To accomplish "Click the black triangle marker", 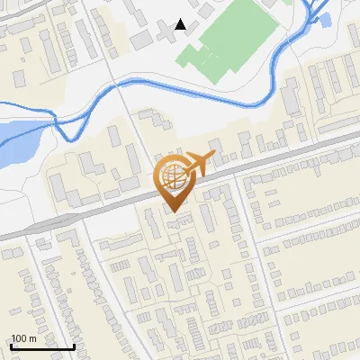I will click(181, 25).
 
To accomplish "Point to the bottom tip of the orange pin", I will click(173, 213).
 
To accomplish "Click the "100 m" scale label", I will click(23, 338).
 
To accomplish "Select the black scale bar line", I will click(42, 346).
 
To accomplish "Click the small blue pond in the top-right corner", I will click(325, 18).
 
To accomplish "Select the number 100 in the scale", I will click(19, 338).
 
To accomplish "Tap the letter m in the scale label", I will click(31, 338).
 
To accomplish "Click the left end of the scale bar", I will click(11, 346).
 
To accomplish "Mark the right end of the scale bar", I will click(74, 346).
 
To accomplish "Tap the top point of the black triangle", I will click(181, 20).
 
